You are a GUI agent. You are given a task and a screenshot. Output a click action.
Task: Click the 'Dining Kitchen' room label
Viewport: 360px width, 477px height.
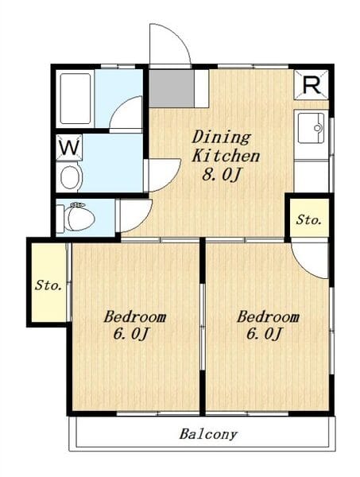225,145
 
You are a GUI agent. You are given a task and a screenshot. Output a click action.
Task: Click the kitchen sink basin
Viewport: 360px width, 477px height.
309,126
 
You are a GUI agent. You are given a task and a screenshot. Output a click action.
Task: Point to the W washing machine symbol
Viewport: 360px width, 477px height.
69,147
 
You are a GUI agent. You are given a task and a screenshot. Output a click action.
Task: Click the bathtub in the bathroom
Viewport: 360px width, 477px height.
74,99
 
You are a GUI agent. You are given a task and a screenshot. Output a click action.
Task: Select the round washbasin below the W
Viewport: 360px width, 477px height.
70,176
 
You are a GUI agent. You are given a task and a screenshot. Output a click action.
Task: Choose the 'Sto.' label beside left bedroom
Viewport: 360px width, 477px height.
48,285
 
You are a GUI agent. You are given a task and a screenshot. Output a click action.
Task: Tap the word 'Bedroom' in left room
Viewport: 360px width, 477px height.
135,316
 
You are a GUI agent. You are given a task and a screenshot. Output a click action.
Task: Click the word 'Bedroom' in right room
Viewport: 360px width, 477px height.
269,316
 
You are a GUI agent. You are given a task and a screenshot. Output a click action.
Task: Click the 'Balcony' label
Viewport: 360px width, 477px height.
208,435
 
